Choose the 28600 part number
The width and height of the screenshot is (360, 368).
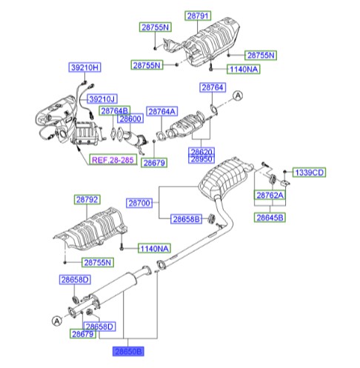130,118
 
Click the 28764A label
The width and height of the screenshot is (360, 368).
161,111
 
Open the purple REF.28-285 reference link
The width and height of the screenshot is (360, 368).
113,159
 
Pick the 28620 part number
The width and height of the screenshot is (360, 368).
201,151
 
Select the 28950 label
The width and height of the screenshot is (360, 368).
201,159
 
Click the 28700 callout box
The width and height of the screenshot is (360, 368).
139,202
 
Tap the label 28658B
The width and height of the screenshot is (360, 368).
185,220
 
